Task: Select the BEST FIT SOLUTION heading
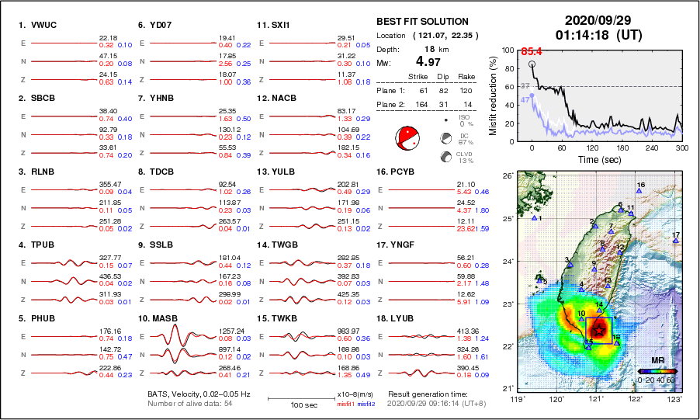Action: pyautogui.click(x=422, y=22)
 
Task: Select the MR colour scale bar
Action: pyautogui.click(x=657, y=372)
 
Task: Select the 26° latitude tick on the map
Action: pyautogui.click(x=507, y=176)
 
